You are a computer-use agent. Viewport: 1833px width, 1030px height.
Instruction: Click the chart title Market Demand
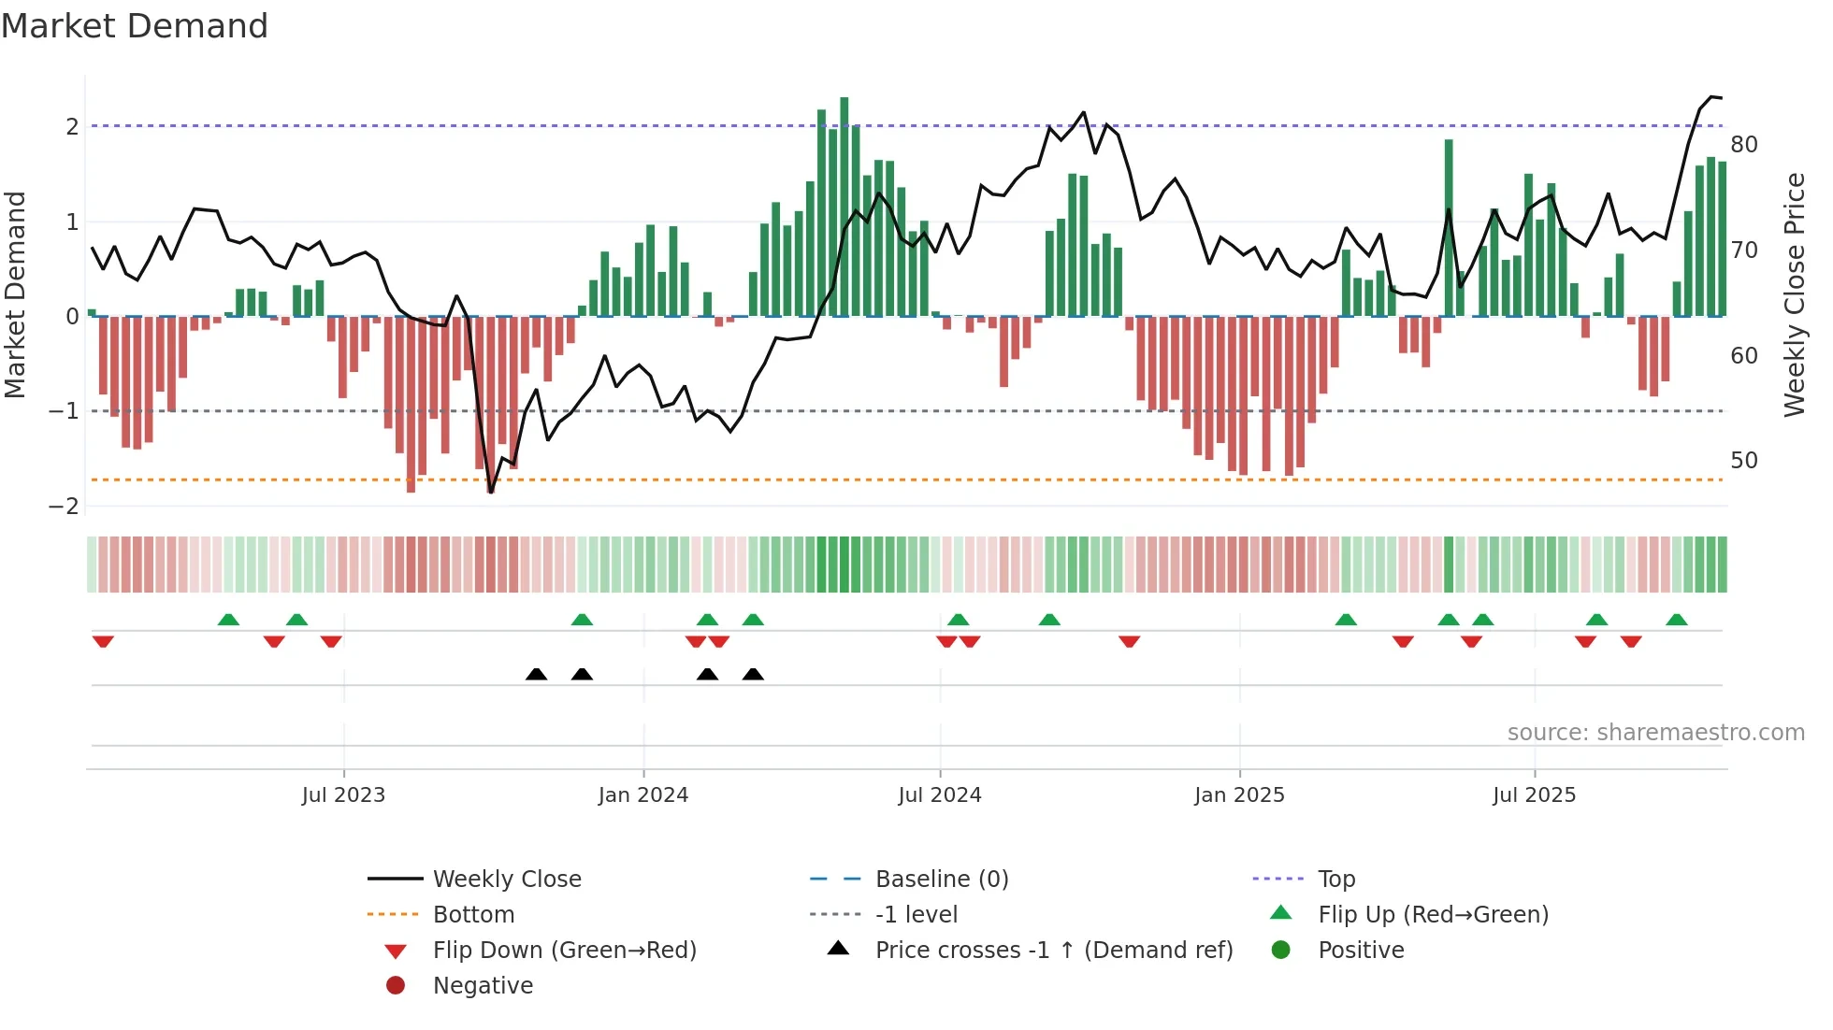[135, 26]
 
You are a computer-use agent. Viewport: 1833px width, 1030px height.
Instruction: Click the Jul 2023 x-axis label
[343, 795]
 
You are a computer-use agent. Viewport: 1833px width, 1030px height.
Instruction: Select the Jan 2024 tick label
[643, 795]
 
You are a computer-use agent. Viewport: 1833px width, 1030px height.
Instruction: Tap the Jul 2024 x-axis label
[940, 795]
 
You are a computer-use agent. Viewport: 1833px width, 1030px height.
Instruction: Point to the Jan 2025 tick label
[1239, 795]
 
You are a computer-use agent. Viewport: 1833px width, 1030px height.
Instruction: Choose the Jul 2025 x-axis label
[1534, 795]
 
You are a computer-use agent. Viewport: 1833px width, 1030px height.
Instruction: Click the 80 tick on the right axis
[1743, 145]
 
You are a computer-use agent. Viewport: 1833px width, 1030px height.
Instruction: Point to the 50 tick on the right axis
[1743, 461]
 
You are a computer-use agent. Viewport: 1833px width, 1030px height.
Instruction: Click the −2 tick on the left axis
[64, 507]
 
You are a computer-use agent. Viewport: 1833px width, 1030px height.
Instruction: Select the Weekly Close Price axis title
[1794, 294]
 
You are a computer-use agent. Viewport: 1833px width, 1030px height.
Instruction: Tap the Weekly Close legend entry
[506, 880]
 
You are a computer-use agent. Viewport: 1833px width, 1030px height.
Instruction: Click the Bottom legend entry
[473, 915]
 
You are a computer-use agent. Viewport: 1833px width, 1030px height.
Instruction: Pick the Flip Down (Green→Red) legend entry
[564, 951]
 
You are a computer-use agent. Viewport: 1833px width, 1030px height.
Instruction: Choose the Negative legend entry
[483, 986]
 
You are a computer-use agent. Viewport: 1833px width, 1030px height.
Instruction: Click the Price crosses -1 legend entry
[1053, 951]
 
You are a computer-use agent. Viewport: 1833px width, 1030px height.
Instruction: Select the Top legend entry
[1336, 880]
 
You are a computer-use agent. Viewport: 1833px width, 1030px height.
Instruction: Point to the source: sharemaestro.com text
[1655, 733]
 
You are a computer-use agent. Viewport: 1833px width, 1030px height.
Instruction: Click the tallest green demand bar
[844, 206]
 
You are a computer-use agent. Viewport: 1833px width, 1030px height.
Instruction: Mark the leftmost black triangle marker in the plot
[536, 674]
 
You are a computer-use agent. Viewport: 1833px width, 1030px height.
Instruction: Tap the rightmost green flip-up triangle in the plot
[1677, 620]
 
